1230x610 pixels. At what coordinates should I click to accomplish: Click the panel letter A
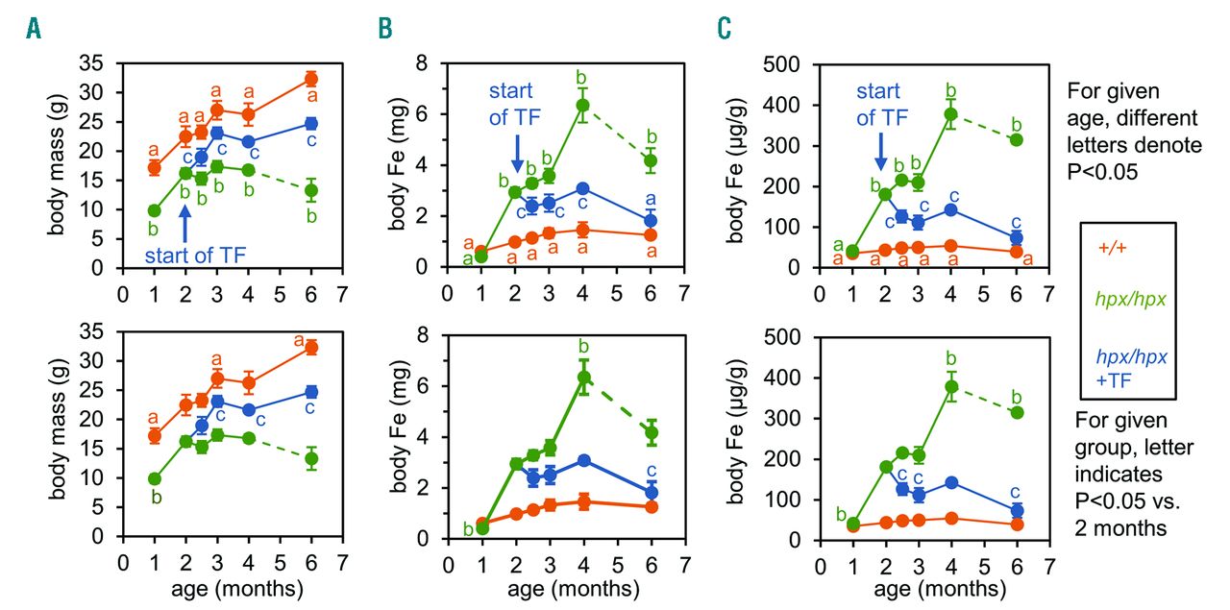(34, 30)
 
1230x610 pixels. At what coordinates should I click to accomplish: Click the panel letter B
(385, 30)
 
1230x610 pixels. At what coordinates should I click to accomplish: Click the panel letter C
(725, 30)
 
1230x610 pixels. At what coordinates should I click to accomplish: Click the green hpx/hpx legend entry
(1133, 301)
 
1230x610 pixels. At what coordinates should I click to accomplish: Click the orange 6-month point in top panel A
(310, 79)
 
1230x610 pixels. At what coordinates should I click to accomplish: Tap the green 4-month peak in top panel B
(581, 106)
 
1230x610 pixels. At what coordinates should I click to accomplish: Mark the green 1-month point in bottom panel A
(154, 478)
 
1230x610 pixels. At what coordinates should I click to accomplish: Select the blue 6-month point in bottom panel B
(652, 492)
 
